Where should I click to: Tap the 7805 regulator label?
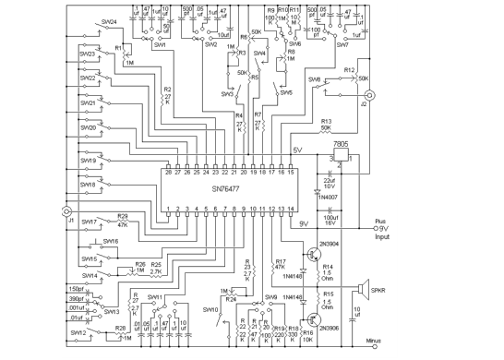[x=340, y=146]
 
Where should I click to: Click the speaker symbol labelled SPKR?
[x=363, y=290]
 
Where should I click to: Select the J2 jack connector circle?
[x=371, y=96]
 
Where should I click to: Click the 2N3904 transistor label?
[x=330, y=245]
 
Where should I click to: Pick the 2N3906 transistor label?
[x=330, y=329]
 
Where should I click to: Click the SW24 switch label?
[x=109, y=20]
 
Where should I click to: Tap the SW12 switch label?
[x=79, y=332]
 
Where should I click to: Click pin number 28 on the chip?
[x=167, y=173]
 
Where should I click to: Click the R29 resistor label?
[x=122, y=217]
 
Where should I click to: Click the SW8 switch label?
[x=314, y=79]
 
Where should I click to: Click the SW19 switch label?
[x=88, y=160]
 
